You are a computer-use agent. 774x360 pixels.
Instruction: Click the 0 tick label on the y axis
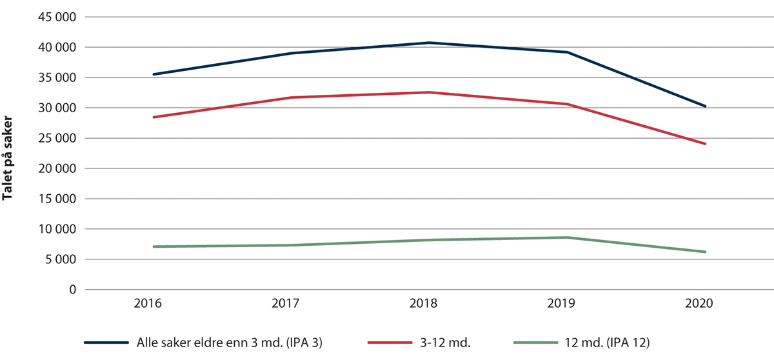pyautogui.click(x=72, y=290)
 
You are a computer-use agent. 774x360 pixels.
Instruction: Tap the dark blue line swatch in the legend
pyautogui.click(x=107, y=342)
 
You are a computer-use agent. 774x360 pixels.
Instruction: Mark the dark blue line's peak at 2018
pyautogui.click(x=429, y=43)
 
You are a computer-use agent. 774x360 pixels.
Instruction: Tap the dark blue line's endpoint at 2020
pyautogui.click(x=705, y=106)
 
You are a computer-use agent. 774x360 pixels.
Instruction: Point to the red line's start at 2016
pyautogui.click(x=153, y=117)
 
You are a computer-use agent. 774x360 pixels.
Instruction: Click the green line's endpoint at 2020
pyautogui.click(x=705, y=252)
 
